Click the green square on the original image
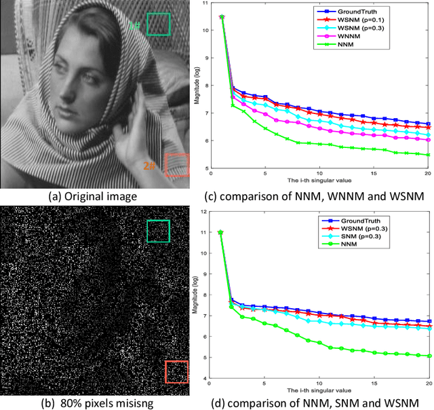point(158,24)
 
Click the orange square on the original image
point(176,165)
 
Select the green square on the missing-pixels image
point(158,231)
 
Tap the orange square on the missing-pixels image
point(176,373)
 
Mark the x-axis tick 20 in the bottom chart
point(429,386)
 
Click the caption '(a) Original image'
point(94,197)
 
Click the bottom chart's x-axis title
point(319,393)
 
